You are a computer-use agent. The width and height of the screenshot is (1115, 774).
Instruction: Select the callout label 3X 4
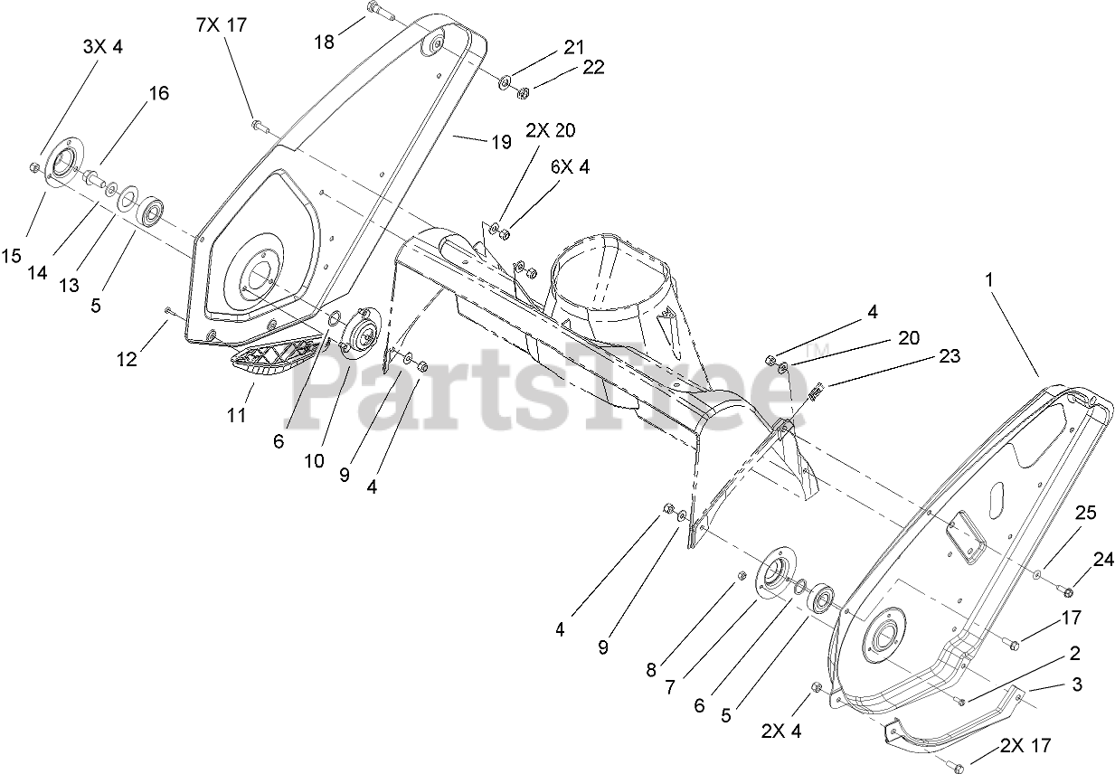[x=102, y=46]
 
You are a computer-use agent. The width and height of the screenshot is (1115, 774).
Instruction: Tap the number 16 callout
[x=158, y=93]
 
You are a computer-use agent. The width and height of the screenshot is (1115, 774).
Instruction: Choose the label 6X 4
[x=570, y=167]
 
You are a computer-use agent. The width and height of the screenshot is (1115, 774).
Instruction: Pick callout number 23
[x=949, y=356]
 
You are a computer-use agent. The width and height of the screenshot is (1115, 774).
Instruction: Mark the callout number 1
[x=989, y=281]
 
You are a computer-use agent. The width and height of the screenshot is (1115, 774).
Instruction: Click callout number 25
[x=1086, y=513]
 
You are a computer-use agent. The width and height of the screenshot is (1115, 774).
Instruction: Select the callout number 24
[x=1103, y=560]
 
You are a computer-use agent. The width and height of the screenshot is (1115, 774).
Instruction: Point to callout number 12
[x=127, y=359]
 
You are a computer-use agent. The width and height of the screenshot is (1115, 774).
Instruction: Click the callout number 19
[x=501, y=141]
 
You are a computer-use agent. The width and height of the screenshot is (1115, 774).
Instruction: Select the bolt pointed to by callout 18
[x=377, y=13]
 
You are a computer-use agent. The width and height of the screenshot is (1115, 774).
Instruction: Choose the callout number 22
[x=593, y=67]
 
